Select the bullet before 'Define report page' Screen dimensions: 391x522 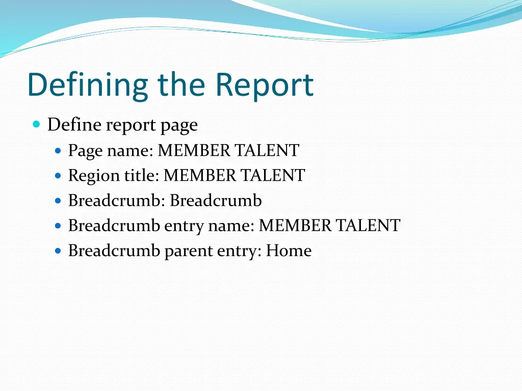pyautogui.click(x=36, y=124)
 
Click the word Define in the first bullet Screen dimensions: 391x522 pyautogui.click(x=74, y=124)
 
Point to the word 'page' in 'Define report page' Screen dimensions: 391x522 pyautogui.click(x=179, y=125)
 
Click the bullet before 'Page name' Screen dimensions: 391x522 pyautogui.click(x=58, y=151)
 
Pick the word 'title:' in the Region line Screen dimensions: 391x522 pyautogui.click(x=142, y=175)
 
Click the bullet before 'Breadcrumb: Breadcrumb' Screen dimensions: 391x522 pyautogui.click(x=58, y=201)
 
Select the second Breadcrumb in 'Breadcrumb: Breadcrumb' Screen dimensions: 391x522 pyautogui.click(x=216, y=201)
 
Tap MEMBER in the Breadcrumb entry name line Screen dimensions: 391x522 pyautogui.click(x=295, y=225)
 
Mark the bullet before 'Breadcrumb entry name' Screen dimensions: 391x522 pyautogui.click(x=58, y=226)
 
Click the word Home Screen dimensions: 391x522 pyautogui.click(x=289, y=250)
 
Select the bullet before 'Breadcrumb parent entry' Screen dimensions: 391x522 pyautogui.click(x=58, y=251)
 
